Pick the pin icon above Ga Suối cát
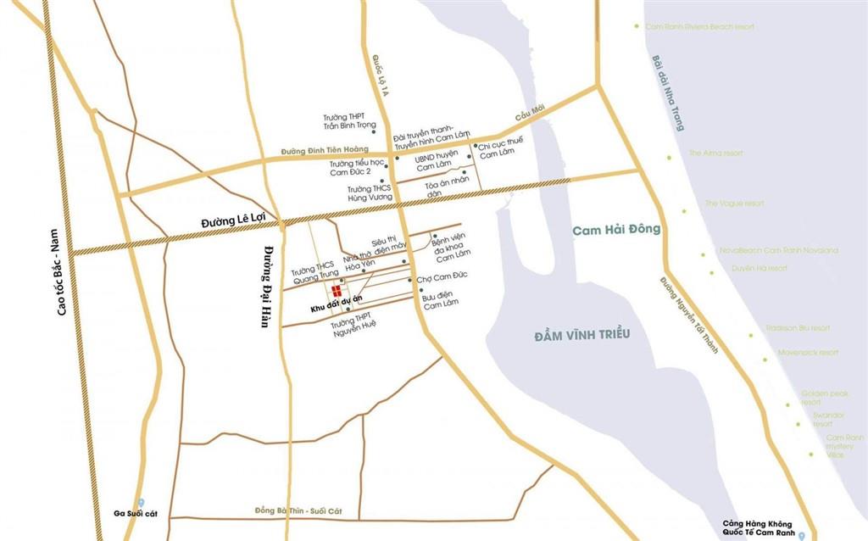tap(141, 503)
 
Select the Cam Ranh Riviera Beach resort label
tap(699, 26)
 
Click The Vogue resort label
tap(734, 204)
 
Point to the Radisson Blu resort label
tap(798, 327)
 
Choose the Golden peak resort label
tap(824, 397)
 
